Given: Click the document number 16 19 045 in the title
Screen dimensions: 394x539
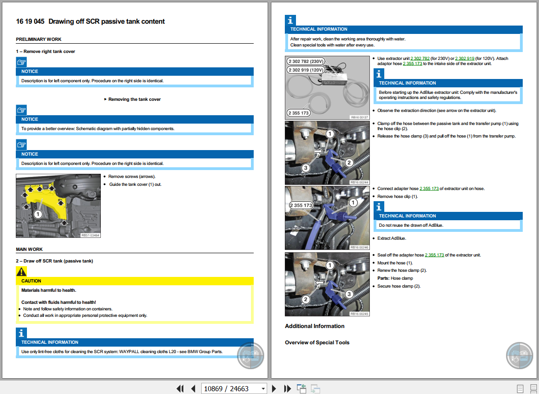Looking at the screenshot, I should pyautogui.click(x=30, y=21).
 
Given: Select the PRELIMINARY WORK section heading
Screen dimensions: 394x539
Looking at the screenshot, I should pyautogui.click(x=39, y=39).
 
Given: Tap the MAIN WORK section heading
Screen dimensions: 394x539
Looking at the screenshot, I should pyautogui.click(x=29, y=250).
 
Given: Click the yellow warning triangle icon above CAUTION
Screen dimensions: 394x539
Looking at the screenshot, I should pyautogui.click(x=21, y=272).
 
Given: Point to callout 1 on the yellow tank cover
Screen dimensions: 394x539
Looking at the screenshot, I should pyautogui.click(x=38, y=214).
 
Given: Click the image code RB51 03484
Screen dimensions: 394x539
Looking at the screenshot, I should pyautogui.click(x=90, y=235).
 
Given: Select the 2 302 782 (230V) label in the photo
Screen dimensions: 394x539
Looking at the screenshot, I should pyautogui.click(x=305, y=61).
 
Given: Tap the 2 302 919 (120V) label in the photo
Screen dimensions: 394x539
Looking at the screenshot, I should pyautogui.click(x=305, y=70).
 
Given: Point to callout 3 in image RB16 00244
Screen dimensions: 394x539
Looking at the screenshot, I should pyautogui.click(x=305, y=168).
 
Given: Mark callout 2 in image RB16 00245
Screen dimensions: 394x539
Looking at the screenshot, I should pyautogui.click(x=305, y=299).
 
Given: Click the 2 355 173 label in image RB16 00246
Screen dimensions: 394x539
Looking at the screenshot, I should pyautogui.click(x=301, y=205).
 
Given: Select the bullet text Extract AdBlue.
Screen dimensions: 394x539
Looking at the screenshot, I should pyautogui.click(x=392, y=238).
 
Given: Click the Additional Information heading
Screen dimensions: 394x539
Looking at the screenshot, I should pyautogui.click(x=315, y=326).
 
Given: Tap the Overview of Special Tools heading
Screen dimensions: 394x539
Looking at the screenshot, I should pyautogui.click(x=317, y=342).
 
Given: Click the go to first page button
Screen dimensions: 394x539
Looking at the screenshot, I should pyautogui.click(x=180, y=388).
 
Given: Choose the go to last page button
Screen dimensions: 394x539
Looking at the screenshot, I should pyautogui.click(x=287, y=388).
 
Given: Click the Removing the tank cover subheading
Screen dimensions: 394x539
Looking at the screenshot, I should pyautogui.click(x=134, y=99).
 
